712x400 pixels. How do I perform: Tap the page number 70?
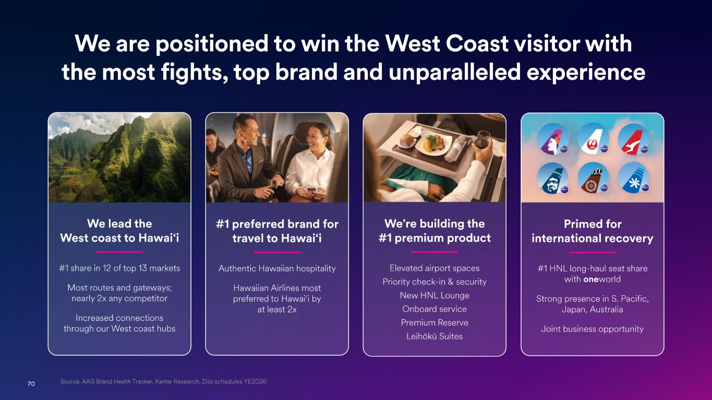(x=31, y=384)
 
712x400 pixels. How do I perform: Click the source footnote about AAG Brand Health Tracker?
(x=163, y=382)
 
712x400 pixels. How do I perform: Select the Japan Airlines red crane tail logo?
(x=593, y=139)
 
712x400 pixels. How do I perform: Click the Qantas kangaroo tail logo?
(x=633, y=139)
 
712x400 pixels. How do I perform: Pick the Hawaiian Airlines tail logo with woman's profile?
(x=552, y=139)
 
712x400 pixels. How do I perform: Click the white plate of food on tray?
(x=433, y=143)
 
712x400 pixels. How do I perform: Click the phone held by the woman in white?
(x=311, y=190)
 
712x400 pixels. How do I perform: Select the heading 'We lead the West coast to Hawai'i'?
(x=119, y=231)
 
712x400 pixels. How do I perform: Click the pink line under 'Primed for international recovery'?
(x=593, y=253)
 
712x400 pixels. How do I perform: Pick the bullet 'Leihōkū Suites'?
(x=435, y=336)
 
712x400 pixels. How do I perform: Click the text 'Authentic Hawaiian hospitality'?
(x=277, y=269)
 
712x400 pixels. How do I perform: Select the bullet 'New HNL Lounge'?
(x=435, y=295)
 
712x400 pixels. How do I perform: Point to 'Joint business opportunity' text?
(x=593, y=329)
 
